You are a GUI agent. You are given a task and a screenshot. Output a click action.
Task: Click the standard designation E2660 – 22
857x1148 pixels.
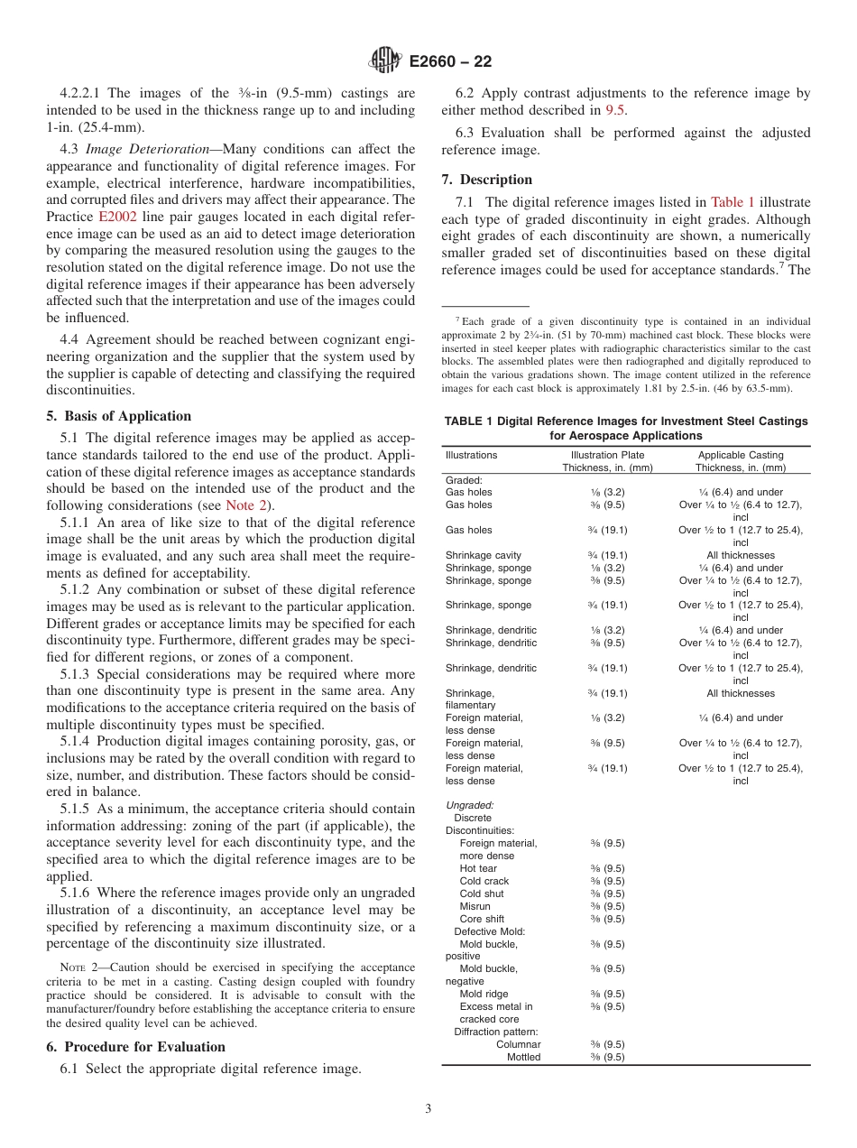(x=450, y=62)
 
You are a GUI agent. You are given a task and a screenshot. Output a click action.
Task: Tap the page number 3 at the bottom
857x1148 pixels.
(x=428, y=1108)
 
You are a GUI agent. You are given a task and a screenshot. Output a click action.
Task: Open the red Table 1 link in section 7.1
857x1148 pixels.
(x=733, y=202)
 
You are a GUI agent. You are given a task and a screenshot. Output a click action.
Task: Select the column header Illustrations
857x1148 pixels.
(x=471, y=455)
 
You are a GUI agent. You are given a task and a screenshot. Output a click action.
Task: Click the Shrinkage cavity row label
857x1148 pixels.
(x=483, y=555)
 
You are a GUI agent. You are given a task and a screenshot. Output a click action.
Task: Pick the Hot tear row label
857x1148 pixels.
(x=478, y=868)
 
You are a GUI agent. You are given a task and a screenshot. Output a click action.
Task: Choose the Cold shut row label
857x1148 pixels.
(x=482, y=893)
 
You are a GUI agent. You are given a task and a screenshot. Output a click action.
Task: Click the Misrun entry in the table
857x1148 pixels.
(x=475, y=906)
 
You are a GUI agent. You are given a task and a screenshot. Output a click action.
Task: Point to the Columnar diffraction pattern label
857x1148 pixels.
(x=518, y=1044)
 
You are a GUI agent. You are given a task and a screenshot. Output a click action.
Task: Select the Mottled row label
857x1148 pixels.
(x=523, y=1057)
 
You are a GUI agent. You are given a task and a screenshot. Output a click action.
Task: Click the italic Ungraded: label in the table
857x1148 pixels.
(x=469, y=805)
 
